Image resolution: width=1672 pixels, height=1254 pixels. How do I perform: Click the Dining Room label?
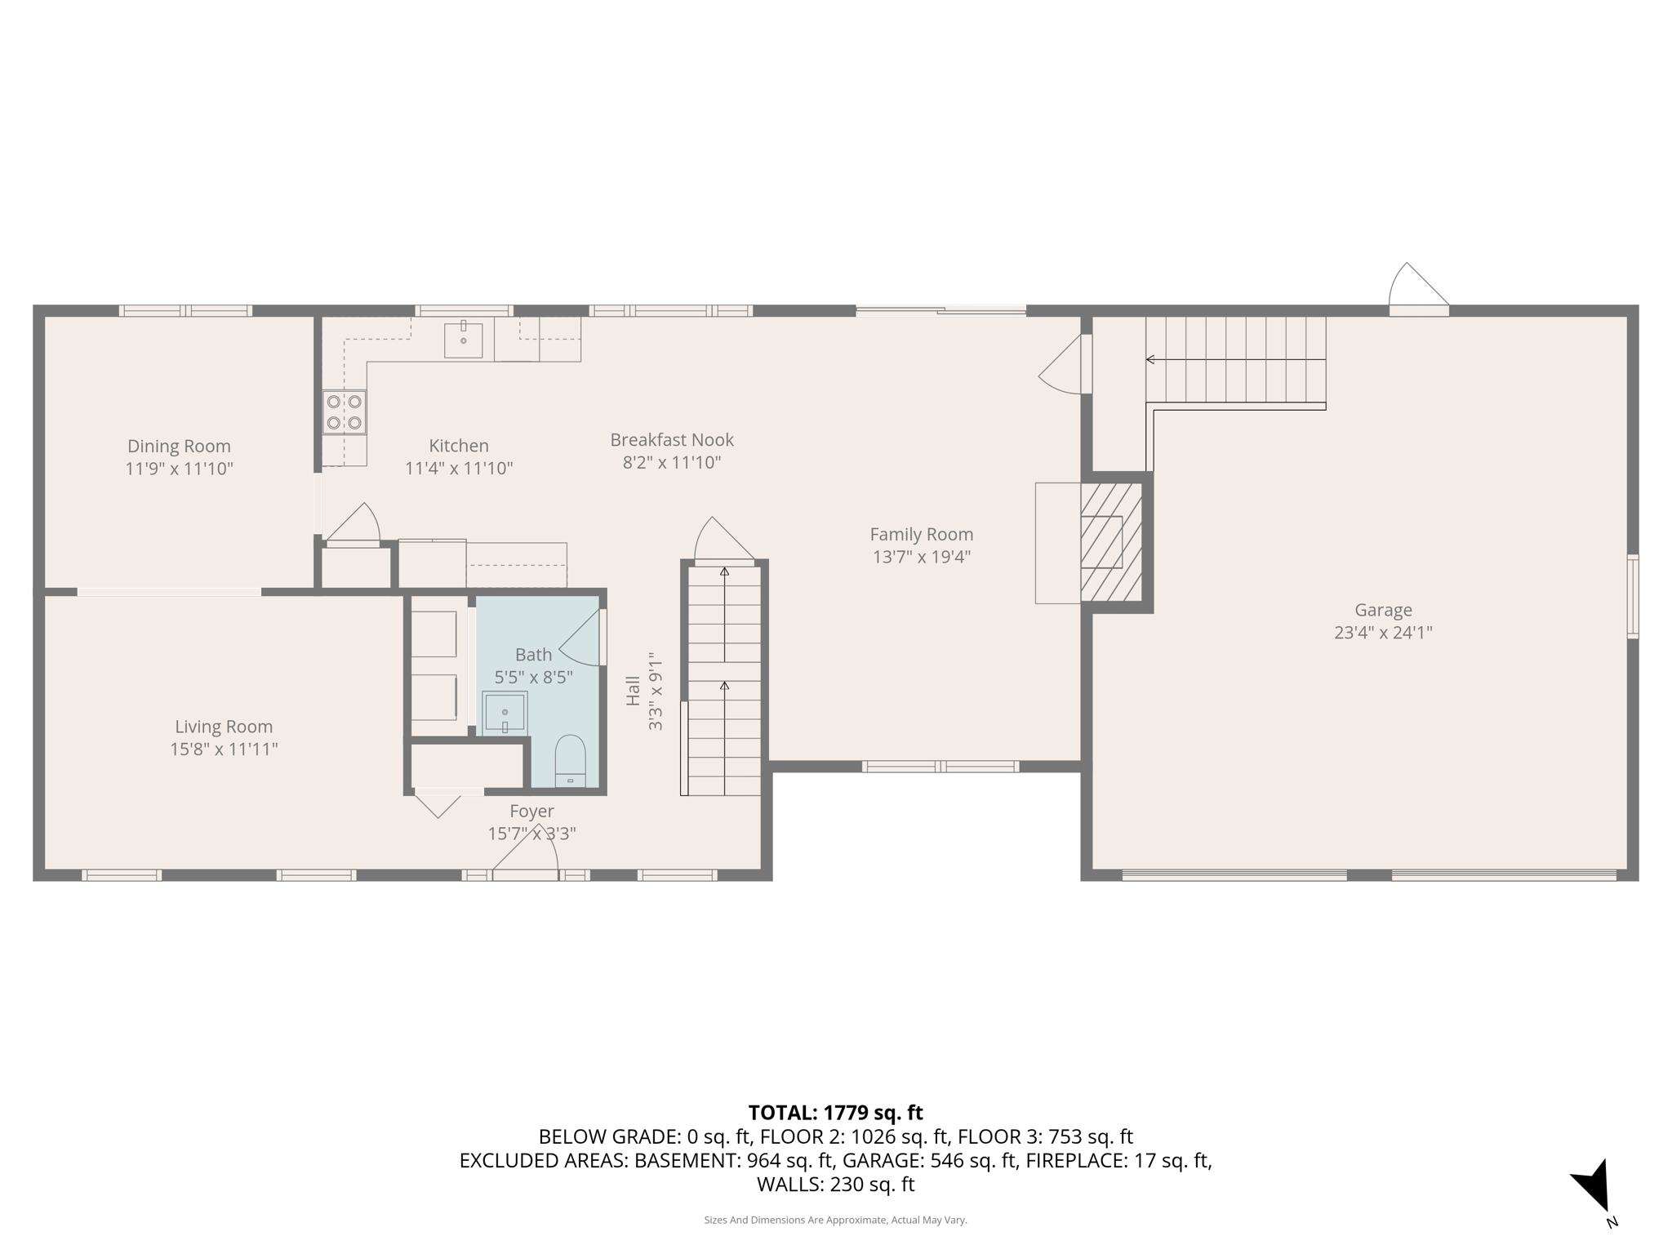coord(179,446)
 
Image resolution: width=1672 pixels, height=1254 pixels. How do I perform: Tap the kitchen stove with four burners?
coord(344,411)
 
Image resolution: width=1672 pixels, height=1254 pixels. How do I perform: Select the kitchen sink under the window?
coord(463,340)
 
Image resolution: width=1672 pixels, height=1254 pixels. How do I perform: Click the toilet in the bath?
coord(570,761)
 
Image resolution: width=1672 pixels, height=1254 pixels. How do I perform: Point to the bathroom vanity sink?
coord(505,713)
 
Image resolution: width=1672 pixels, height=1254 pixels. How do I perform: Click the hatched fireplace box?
coord(1110,541)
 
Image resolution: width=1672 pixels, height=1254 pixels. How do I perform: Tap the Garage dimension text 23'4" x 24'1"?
coord(1383,632)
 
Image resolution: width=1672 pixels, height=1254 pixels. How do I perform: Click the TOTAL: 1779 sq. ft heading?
coord(835,1112)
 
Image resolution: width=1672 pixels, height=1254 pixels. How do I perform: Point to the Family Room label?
coord(921,534)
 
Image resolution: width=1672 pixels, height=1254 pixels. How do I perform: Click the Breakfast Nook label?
coord(672,439)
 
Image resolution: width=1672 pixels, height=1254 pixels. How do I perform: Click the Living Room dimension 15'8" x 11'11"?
coord(224,749)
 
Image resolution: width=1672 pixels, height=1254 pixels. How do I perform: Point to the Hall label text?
coord(633,691)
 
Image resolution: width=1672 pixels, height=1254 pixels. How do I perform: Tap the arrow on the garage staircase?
coord(1150,359)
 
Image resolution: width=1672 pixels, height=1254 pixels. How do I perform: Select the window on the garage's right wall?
coord(1632,596)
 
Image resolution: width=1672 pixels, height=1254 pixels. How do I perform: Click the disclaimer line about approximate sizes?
coord(835,1220)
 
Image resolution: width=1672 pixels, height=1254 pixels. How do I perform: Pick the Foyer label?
coord(531,811)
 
